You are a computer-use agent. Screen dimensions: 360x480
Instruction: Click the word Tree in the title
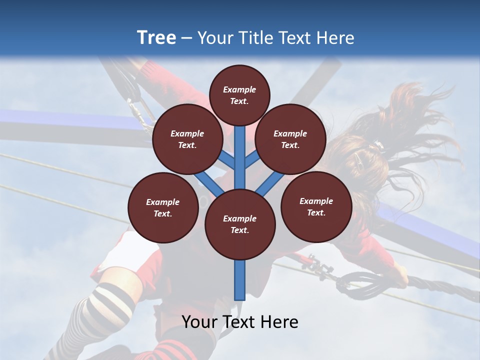coord(156,37)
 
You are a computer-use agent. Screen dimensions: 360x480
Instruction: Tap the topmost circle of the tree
coord(239,95)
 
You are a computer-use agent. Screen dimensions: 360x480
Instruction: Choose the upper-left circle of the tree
coord(187,139)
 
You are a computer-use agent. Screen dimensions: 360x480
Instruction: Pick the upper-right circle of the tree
coord(290,139)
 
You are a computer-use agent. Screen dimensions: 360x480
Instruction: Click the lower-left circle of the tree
coord(163,207)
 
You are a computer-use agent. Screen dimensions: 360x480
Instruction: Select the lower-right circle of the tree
coord(316,206)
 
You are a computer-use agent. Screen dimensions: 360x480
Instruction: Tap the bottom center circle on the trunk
coord(240,224)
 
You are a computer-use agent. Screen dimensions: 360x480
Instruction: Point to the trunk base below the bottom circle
coord(240,280)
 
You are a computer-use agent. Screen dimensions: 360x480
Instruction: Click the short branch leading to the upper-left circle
coord(227,160)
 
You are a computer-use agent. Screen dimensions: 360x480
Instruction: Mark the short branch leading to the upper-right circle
coord(252,160)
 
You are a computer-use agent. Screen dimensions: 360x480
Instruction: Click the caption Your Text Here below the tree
coord(240,322)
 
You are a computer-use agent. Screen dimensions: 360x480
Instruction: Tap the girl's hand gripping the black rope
coord(400,274)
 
